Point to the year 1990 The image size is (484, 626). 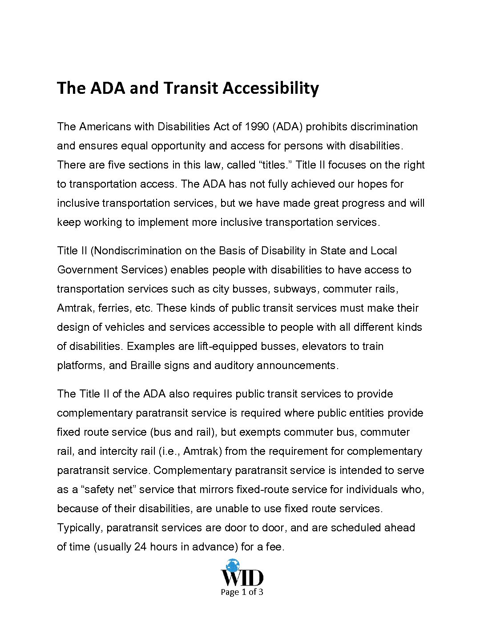coord(257,127)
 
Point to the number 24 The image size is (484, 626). coord(140,547)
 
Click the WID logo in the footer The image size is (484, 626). coord(242,574)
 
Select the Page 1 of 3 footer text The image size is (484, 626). coord(242,592)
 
